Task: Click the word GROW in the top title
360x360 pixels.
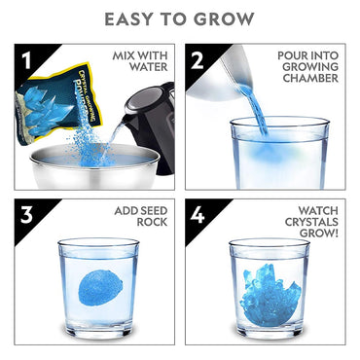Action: pyautogui.click(x=227, y=18)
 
